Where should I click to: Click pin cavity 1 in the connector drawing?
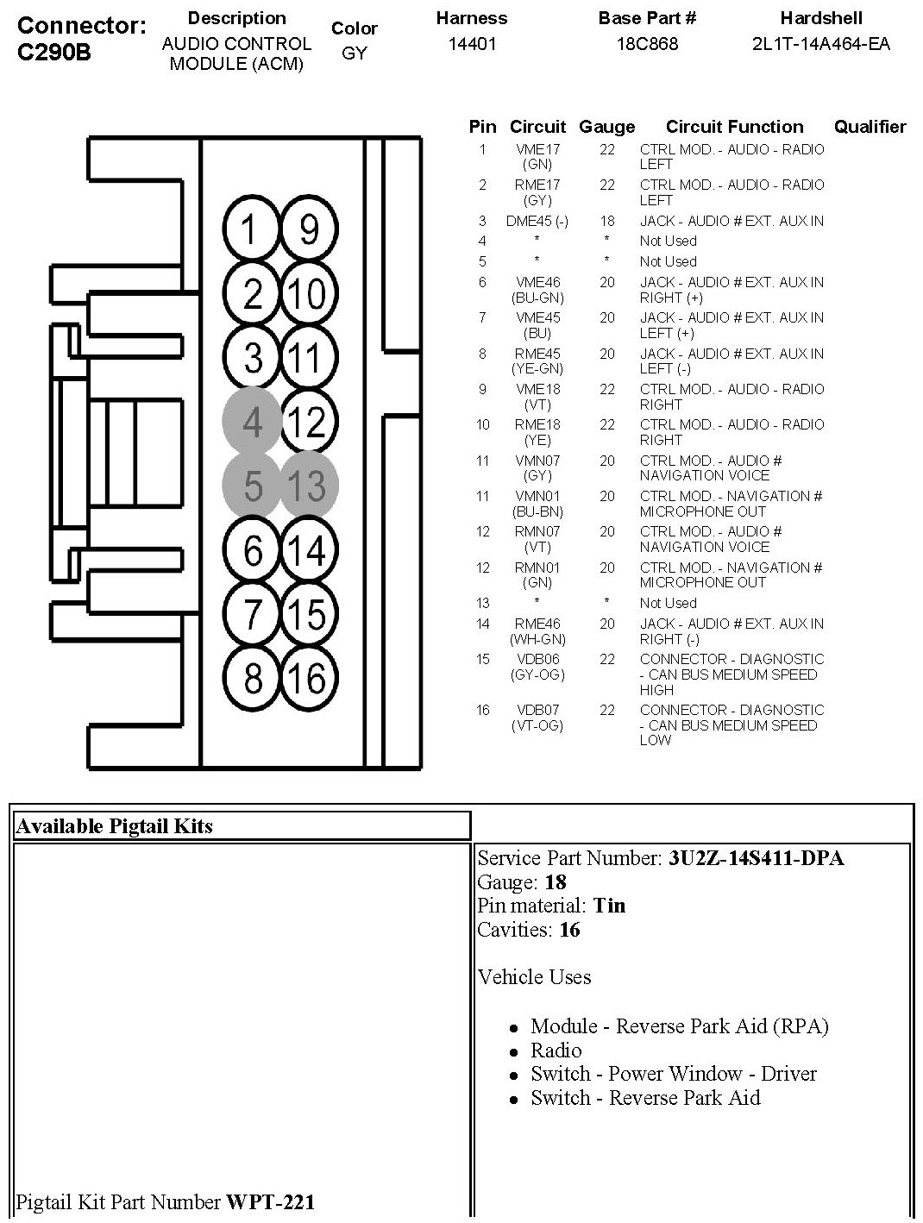tap(251, 229)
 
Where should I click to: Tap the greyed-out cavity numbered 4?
tap(252, 422)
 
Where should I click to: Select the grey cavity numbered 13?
tap(308, 486)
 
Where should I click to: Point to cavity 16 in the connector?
tap(308, 678)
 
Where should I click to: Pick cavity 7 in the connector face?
tap(252, 614)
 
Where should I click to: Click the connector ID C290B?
tap(53, 52)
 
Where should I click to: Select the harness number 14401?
tap(472, 43)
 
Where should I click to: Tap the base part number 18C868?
tap(647, 43)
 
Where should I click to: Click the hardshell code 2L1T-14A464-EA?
tap(821, 43)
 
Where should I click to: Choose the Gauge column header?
tap(606, 127)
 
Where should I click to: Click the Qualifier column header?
tap(870, 127)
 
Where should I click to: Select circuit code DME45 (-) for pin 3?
tap(537, 221)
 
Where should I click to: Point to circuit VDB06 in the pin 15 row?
tap(537, 659)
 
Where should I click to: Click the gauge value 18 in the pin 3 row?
tap(607, 221)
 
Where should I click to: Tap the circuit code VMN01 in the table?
tap(537, 496)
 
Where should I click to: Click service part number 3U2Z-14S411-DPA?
tap(756, 858)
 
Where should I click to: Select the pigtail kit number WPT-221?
tap(270, 1201)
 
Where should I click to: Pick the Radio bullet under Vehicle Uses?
tap(556, 1051)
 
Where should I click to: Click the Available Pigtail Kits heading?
tap(115, 826)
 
